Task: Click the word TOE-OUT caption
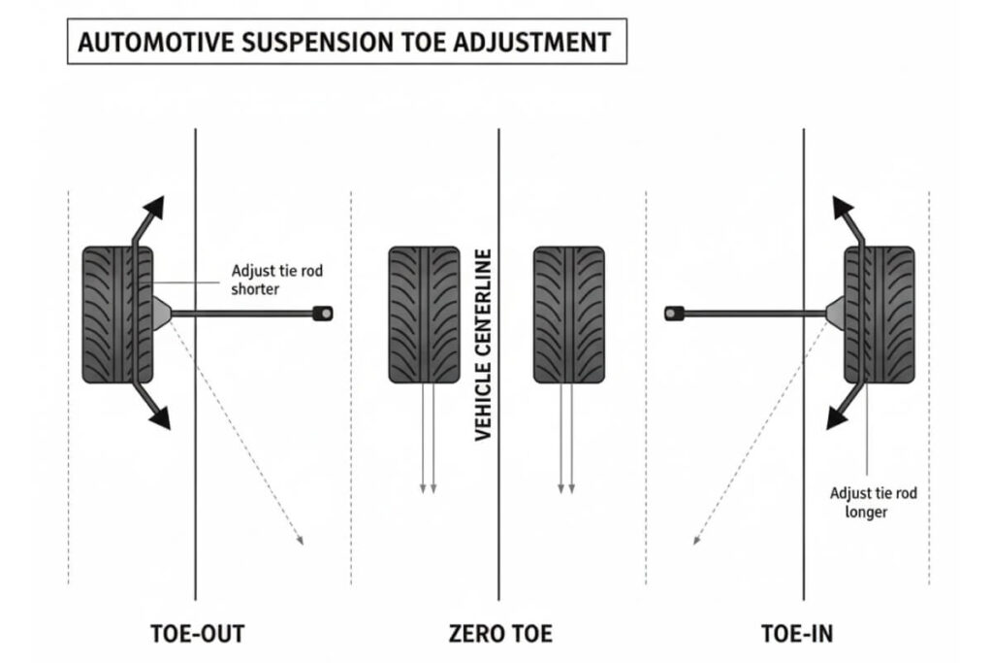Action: point(198,634)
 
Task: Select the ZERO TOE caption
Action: point(500,634)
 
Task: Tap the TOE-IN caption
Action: point(797,634)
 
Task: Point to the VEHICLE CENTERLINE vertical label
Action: point(485,345)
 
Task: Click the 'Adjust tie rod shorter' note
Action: point(276,280)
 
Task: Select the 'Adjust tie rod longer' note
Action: point(873,502)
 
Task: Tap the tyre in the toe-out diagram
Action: point(117,315)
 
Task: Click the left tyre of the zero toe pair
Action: point(424,315)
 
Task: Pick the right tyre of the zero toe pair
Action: point(569,315)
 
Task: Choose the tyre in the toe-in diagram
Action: point(879,315)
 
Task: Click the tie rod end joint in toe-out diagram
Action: point(323,313)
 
